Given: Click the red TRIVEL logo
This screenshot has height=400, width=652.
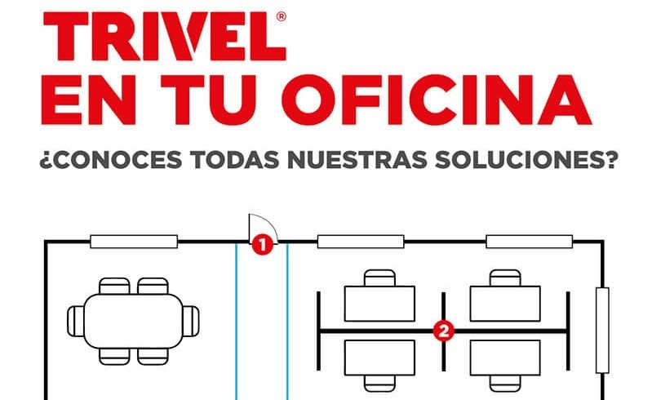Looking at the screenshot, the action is click(165, 36).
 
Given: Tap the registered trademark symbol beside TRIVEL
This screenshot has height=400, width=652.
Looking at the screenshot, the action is click(281, 16).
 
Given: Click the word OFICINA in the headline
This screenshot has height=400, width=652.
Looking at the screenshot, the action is click(437, 100).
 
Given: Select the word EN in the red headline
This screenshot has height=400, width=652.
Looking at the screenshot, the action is click(88, 100).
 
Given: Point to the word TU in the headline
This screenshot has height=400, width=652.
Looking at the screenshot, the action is click(208, 100).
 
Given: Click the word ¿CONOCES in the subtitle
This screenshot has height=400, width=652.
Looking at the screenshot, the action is click(111, 160).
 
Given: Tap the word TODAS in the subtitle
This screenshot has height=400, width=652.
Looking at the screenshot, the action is click(234, 160).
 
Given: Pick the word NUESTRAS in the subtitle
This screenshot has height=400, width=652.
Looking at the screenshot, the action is click(357, 160).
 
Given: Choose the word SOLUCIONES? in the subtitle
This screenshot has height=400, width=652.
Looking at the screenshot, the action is click(527, 160).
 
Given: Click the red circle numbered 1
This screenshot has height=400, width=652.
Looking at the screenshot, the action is click(263, 245).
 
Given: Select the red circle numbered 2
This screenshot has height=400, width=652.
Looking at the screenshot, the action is click(444, 331).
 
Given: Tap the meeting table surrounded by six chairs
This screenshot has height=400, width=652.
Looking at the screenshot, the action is click(134, 321).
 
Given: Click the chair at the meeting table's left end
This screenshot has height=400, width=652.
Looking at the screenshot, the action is click(76, 321).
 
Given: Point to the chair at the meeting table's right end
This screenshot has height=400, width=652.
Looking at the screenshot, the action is click(191, 321).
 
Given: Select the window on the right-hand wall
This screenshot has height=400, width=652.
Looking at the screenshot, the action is click(602, 330).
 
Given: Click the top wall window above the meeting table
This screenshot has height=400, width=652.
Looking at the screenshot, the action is click(134, 242).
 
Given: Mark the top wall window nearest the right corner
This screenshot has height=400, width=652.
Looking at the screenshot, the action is click(530, 242).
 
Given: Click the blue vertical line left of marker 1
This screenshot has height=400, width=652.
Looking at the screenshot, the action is click(236, 321).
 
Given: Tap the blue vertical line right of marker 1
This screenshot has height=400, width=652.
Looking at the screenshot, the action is click(287, 321).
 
